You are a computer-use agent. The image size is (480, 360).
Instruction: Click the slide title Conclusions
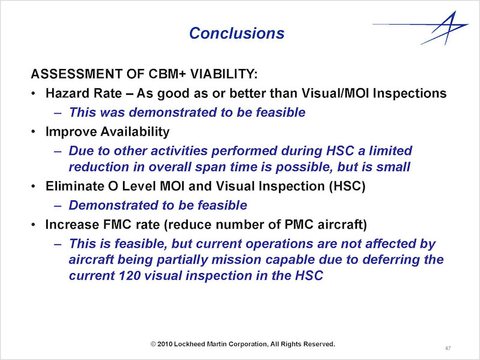click(236, 33)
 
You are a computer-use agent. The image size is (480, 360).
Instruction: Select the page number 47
click(448, 348)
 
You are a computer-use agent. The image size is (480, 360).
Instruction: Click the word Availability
click(135, 131)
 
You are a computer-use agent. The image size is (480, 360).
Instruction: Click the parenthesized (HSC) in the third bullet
click(347, 186)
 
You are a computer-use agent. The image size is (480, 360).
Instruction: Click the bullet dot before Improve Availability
click(33, 132)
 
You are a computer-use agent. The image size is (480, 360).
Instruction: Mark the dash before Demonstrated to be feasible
click(58, 206)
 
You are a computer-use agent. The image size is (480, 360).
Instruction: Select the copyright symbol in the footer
click(154, 344)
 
